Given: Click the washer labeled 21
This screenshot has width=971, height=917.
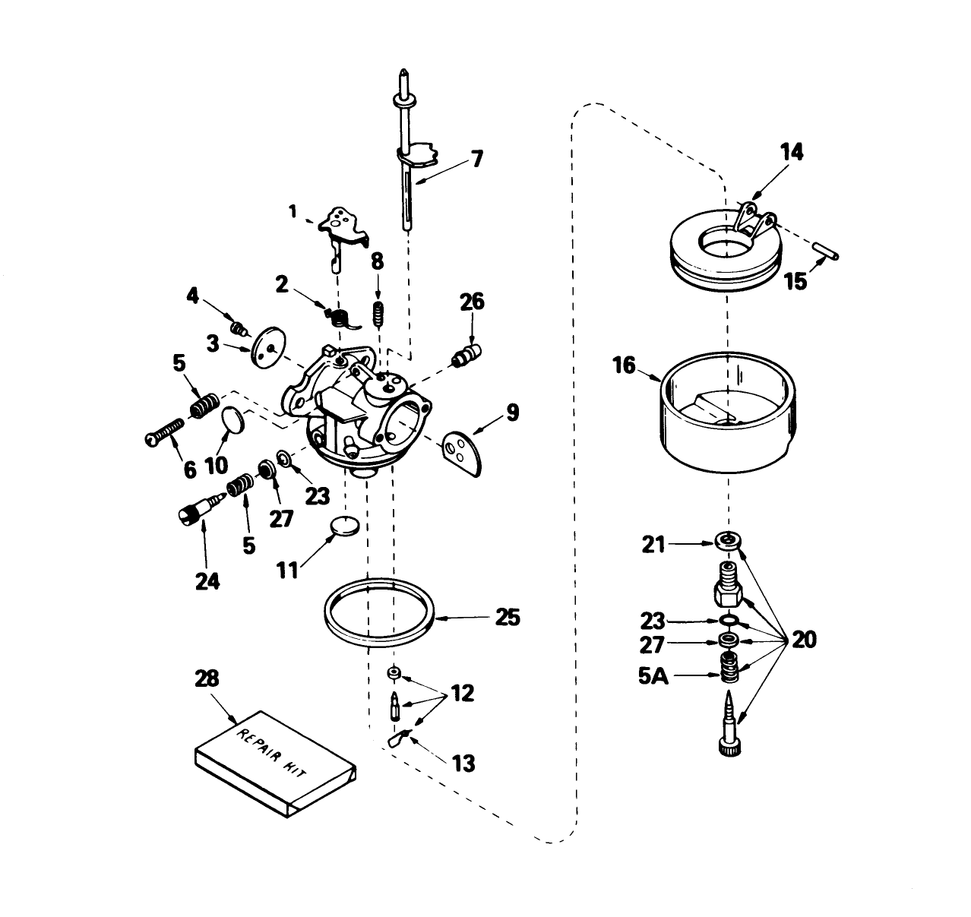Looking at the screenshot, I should (x=728, y=541).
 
